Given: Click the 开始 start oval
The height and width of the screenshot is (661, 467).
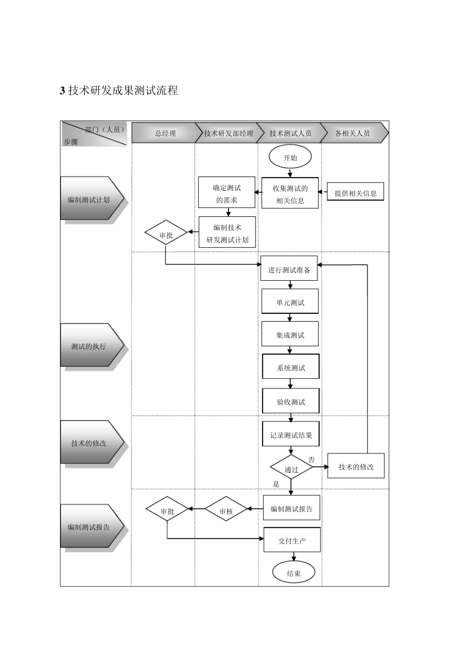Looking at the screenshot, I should [290, 158].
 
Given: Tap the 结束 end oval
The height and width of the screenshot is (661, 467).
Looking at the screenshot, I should [293, 573].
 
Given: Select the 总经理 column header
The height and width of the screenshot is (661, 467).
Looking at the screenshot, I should [165, 133].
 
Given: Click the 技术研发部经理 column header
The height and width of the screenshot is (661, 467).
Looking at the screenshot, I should [228, 133].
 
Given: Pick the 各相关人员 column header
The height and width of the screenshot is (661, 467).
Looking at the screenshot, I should [352, 133].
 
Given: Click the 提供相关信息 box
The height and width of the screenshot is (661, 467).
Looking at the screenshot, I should [355, 193].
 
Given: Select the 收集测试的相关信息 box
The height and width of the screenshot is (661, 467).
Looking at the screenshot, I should [290, 194].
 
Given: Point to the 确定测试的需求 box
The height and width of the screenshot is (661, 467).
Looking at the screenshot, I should [227, 194].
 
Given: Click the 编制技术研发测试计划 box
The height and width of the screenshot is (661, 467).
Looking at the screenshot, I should [227, 234].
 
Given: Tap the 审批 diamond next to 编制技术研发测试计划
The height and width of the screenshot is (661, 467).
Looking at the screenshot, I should [166, 235].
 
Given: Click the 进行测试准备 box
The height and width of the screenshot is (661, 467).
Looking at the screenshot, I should [289, 270].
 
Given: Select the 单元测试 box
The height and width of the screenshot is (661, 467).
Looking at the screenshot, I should [290, 302].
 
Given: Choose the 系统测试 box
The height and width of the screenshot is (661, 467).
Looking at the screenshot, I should [291, 367].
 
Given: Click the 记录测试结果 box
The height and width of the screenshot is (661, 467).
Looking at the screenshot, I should [291, 435].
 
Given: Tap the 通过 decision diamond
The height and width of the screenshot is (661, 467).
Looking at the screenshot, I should [291, 469].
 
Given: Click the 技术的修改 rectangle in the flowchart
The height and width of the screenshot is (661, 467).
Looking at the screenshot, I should [355, 467].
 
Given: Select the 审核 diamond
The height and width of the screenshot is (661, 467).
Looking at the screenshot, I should [226, 511].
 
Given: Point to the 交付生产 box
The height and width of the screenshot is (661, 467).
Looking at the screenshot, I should [292, 541].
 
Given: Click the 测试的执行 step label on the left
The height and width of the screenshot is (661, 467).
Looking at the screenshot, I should [89, 346].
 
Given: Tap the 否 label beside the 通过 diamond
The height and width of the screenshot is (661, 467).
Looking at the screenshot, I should [311, 459].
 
